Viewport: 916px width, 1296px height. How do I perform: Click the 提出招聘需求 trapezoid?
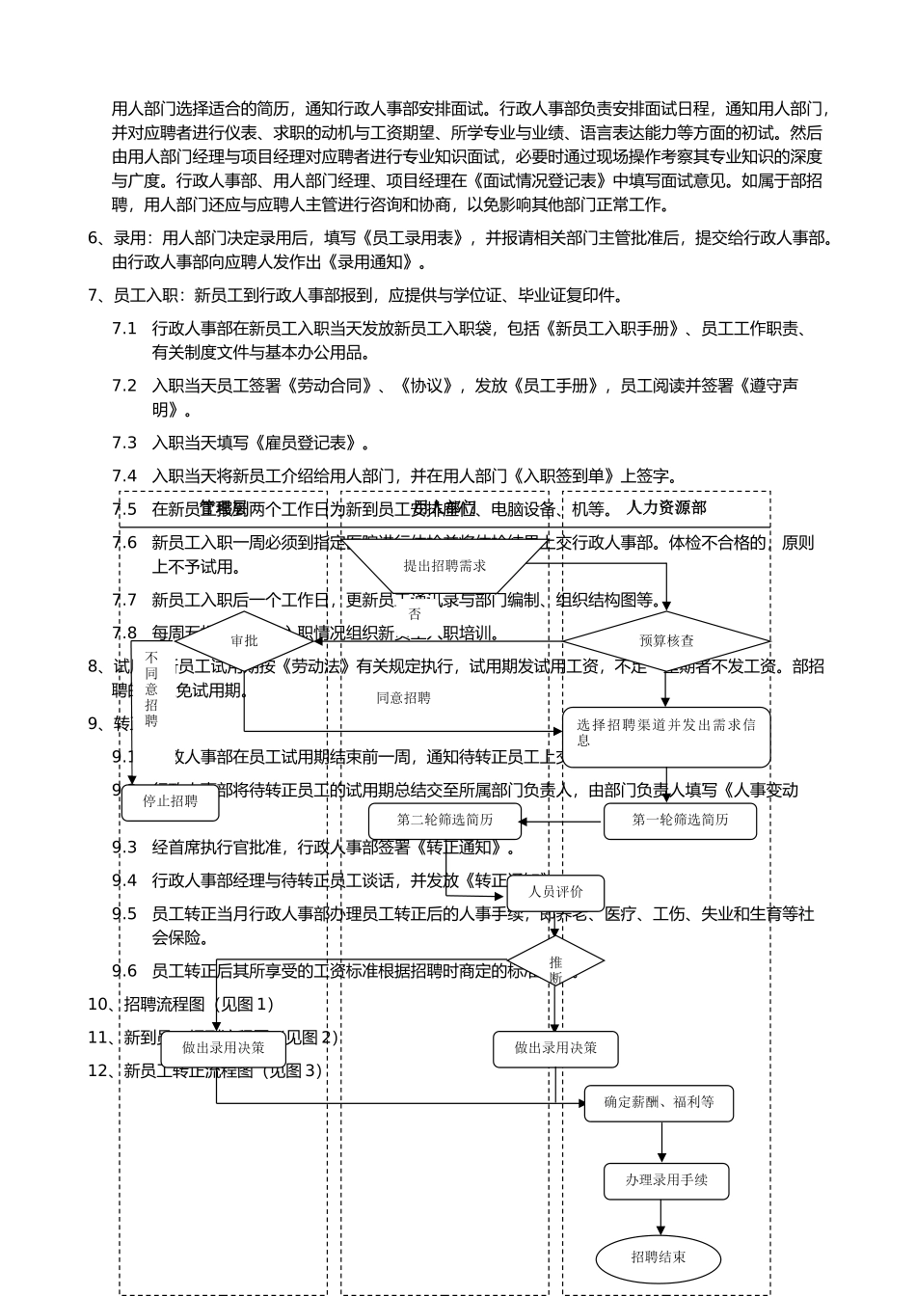(445, 566)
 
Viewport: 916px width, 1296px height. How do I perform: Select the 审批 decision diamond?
(244, 641)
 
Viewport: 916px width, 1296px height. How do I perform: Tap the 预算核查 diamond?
(666, 640)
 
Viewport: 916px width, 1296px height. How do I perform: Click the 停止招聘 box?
(170, 801)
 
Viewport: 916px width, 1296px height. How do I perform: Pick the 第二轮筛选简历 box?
(445, 821)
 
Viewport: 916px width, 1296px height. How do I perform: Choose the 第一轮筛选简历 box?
(680, 821)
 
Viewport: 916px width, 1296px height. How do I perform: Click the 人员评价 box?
(555, 892)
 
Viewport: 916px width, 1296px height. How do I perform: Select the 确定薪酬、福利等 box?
(659, 1103)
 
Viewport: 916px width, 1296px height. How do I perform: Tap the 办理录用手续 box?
(666, 1180)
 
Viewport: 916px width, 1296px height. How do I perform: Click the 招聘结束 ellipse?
(659, 1258)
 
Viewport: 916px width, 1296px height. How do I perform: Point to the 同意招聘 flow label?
(403, 698)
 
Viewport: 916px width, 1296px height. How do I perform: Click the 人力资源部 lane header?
(666, 508)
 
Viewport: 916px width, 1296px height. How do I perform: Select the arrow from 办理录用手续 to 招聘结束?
(661, 1218)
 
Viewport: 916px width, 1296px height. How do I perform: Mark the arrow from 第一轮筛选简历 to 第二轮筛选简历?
(562, 823)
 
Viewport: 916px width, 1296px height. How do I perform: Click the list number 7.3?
(124, 443)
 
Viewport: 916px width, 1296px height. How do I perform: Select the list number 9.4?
(124, 880)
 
